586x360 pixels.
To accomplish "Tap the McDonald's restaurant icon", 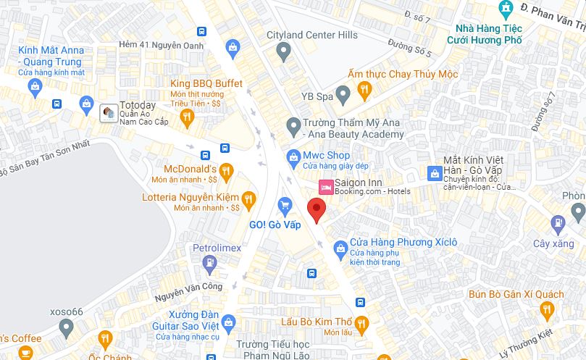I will point(226,171).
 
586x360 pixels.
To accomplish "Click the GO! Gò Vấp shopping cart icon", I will point(285,206).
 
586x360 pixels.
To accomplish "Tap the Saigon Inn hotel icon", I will point(326,185).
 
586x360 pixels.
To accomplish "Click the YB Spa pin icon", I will point(344,92).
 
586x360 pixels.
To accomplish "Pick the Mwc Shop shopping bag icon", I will point(293,156).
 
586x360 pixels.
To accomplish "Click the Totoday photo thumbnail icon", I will point(108,113).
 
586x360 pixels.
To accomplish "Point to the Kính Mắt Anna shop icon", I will point(35,87).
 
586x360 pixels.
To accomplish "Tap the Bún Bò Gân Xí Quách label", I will point(516,293).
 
